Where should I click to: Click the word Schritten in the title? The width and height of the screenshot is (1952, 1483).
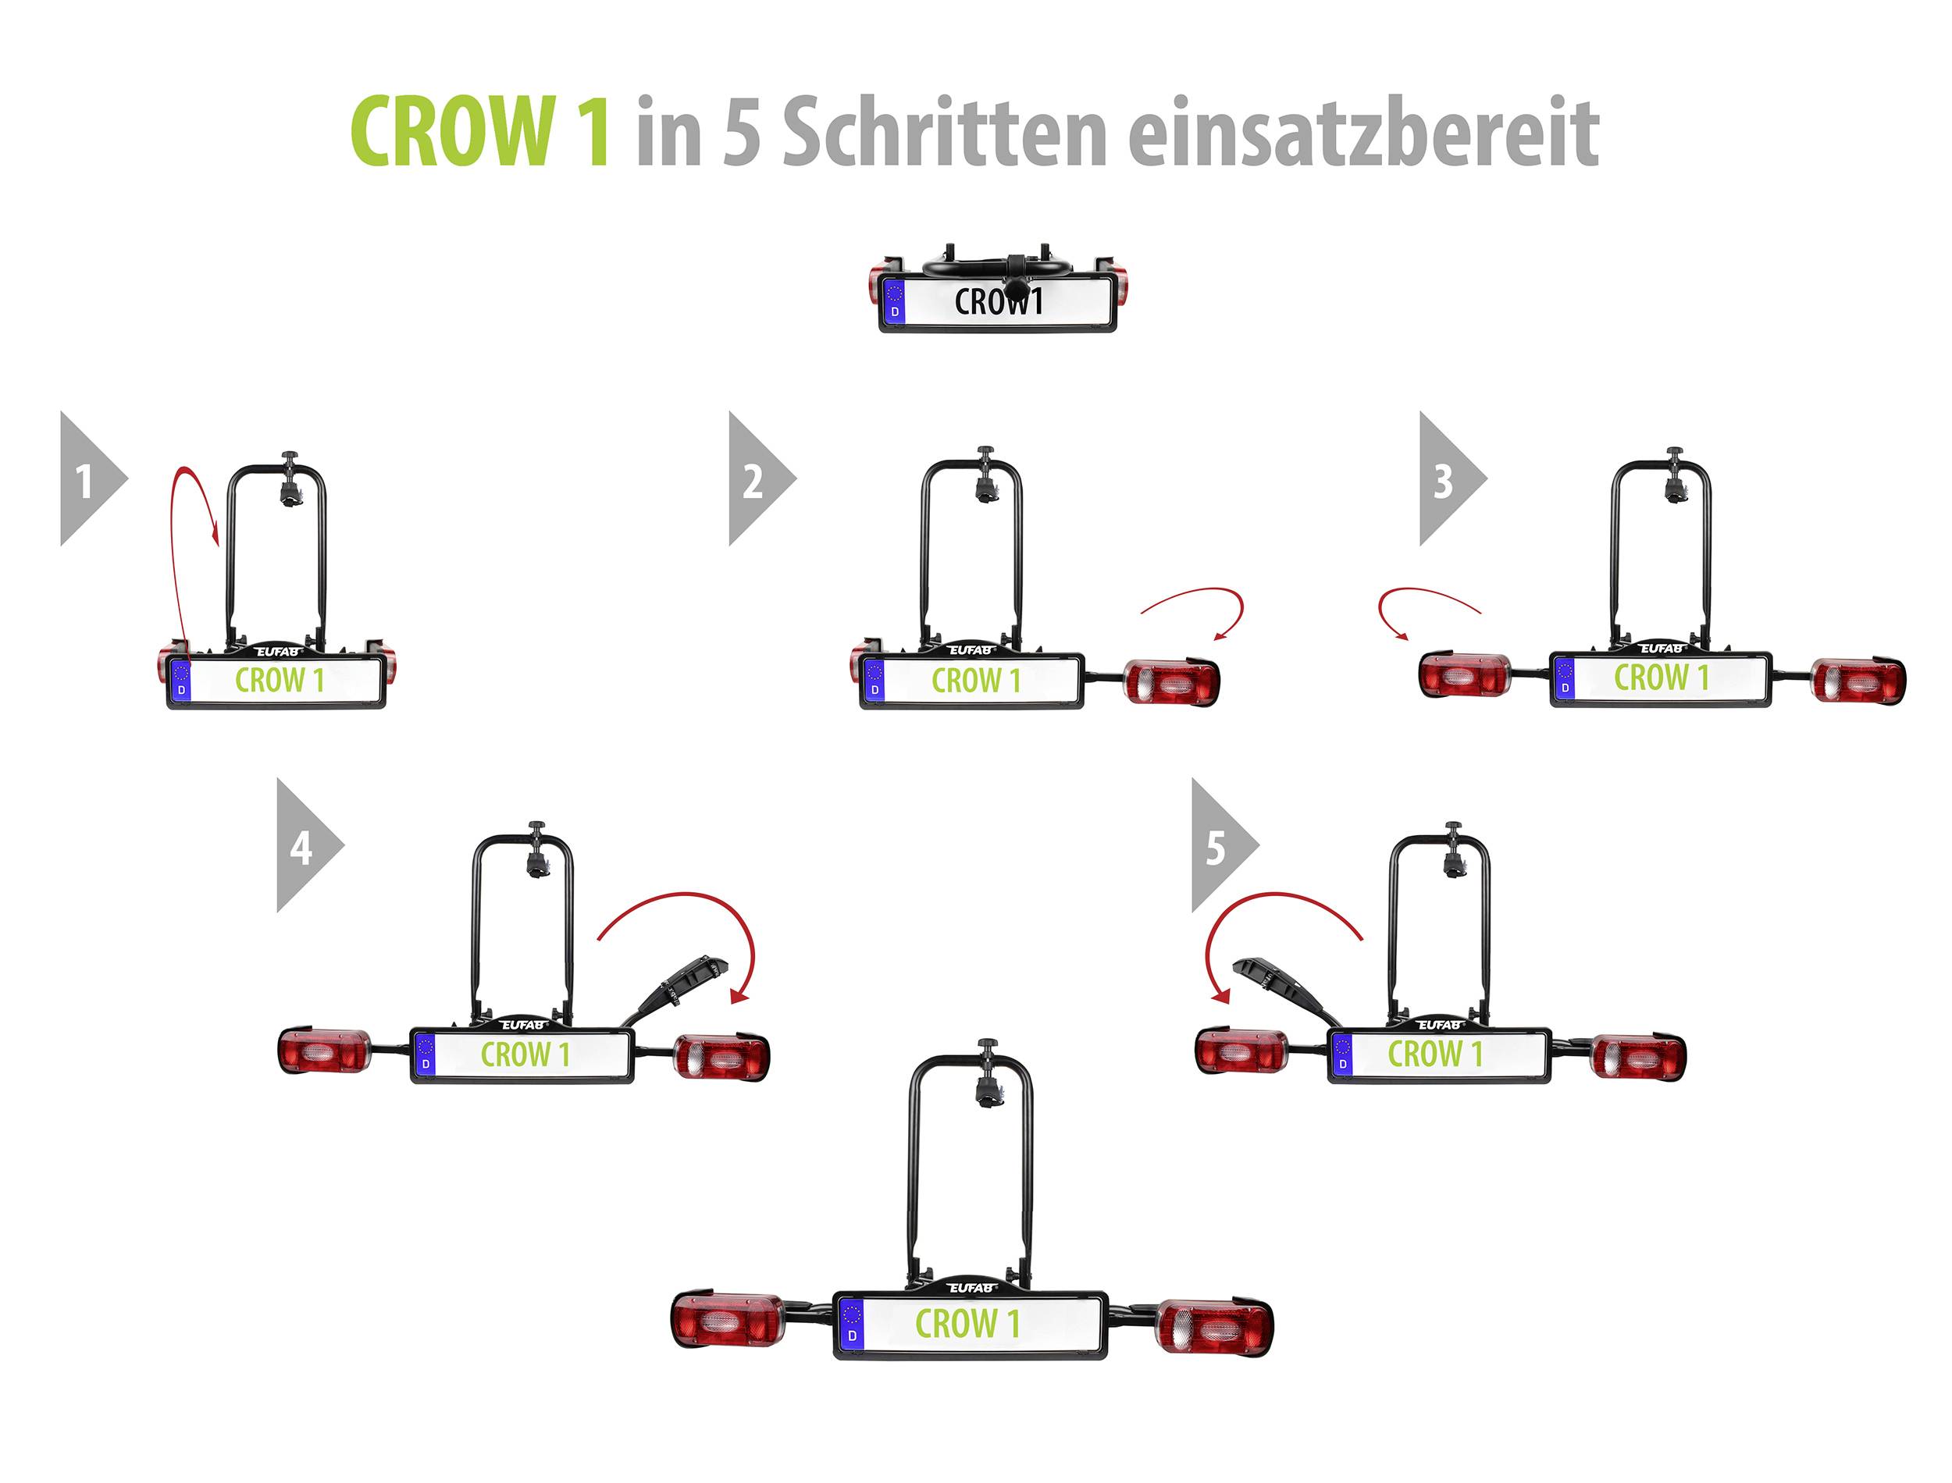pyautogui.click(x=944, y=133)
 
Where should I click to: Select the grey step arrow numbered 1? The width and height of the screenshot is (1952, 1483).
pyautogui.click(x=88, y=479)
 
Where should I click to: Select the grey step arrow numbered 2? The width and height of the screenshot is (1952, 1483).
pyautogui.click(x=757, y=479)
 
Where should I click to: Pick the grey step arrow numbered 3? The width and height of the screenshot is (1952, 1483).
pyautogui.click(x=1447, y=479)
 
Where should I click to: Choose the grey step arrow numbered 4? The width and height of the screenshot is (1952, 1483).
pyautogui.click(x=305, y=845)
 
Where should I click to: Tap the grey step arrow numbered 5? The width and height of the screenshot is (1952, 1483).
pyautogui.click(x=1220, y=845)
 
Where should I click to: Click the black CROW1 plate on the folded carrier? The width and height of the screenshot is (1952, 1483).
pyautogui.click(x=999, y=302)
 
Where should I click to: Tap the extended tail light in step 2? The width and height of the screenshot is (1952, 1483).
pyautogui.click(x=1171, y=680)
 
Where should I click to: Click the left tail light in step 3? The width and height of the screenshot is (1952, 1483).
pyautogui.click(x=1464, y=675)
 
